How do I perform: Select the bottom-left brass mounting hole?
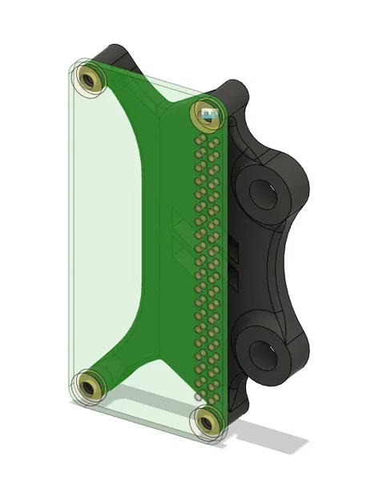90,388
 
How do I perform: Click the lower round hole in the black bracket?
265,352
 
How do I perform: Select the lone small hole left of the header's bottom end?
197,396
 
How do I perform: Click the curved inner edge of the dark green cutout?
132,232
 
